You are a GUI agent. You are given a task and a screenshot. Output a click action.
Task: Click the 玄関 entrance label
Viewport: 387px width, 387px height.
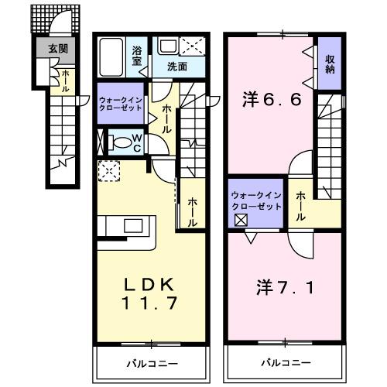pyautogui.click(x=57, y=48)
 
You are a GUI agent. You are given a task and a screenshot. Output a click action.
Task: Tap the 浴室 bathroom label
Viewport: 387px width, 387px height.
pyautogui.click(x=136, y=55)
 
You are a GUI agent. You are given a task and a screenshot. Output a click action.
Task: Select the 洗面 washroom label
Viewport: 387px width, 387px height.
pyautogui.click(x=177, y=66)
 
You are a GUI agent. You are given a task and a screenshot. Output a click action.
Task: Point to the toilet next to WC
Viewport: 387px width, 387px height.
pyautogui.click(x=118, y=142)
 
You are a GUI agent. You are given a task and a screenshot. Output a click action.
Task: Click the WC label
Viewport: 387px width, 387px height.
pyautogui.click(x=135, y=142)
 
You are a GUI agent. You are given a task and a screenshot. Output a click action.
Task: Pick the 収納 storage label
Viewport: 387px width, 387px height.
pyautogui.click(x=329, y=64)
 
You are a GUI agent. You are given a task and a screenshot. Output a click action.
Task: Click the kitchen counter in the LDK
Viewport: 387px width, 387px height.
pyautogui.click(x=128, y=229)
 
